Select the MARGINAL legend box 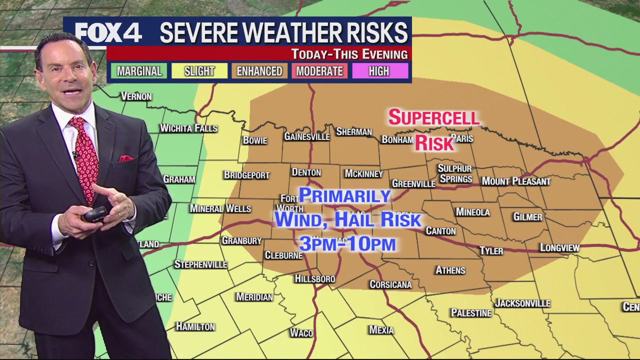click(139, 71)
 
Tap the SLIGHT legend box click(199, 71)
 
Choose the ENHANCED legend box click(259, 71)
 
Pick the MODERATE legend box click(319, 71)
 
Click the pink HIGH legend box click(379, 71)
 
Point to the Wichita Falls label click(188, 128)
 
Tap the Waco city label click(301, 333)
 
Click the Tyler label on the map click(491, 251)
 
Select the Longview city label click(559, 247)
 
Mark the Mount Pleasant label click(515, 181)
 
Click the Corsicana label click(390, 284)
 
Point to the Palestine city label click(471, 313)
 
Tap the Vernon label click(136, 96)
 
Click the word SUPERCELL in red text click(434, 118)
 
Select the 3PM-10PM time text click(347, 244)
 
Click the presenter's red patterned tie click(85, 155)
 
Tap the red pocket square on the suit click(125, 158)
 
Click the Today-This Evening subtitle click(349, 54)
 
